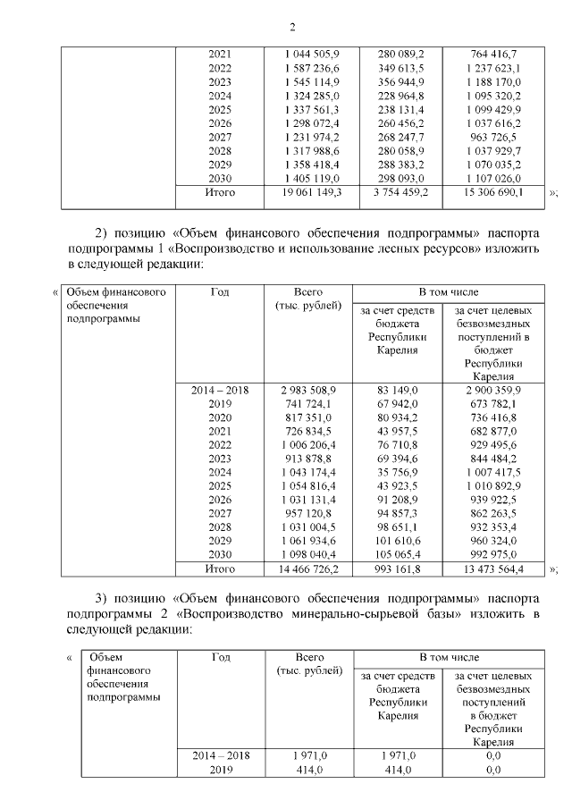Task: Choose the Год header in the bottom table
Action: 221,657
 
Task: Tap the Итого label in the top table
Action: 220,191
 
